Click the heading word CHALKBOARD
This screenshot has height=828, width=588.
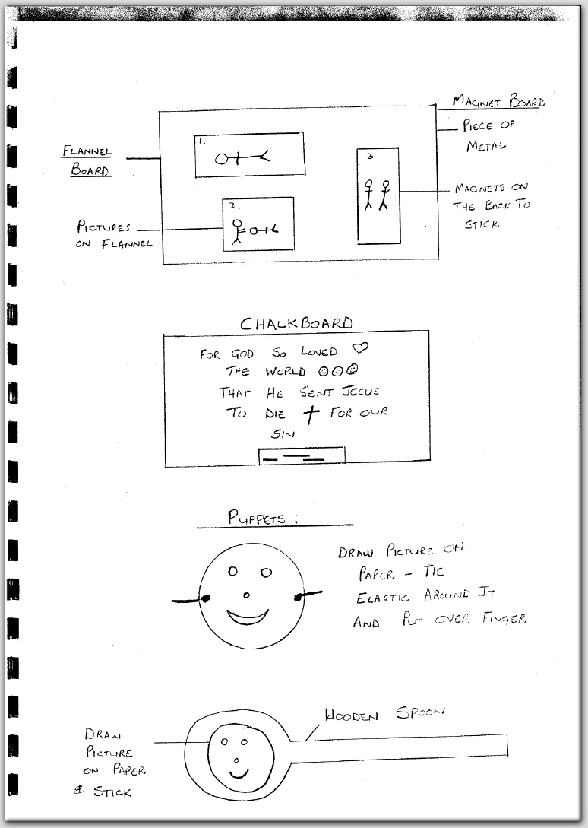tap(296, 322)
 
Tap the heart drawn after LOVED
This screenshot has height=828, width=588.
tap(361, 347)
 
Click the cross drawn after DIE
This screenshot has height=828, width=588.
tap(311, 414)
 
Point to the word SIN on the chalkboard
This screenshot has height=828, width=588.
tap(283, 434)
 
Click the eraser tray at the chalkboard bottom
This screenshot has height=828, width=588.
tap(302, 455)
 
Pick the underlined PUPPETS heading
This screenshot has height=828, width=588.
tap(262, 517)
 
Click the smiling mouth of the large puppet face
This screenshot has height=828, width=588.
tap(248, 617)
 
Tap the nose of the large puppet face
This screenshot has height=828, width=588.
tap(246, 595)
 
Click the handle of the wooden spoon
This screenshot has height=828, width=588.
tap(399, 745)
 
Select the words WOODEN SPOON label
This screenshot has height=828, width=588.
tap(385, 714)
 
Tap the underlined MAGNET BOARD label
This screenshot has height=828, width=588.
tap(498, 100)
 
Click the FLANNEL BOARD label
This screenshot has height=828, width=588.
tap(87, 160)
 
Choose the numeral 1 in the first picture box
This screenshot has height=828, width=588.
tap(201, 141)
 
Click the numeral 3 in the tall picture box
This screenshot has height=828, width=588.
tap(370, 157)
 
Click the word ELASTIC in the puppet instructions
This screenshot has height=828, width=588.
tap(382, 598)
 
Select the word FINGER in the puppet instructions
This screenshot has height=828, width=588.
tap(504, 618)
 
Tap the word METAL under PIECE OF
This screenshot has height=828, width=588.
tap(485, 146)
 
